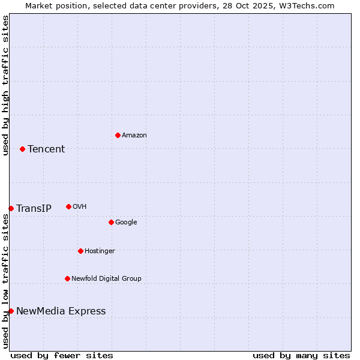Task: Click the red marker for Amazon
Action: click(x=118, y=135)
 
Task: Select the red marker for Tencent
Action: click(x=22, y=149)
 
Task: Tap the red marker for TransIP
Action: click(x=11, y=208)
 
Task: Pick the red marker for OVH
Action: click(x=68, y=206)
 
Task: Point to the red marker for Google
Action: click(x=111, y=222)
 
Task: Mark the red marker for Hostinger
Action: click(x=80, y=251)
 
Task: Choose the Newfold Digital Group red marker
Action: click(x=67, y=278)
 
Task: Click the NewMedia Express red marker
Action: click(x=11, y=311)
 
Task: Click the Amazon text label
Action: click(x=134, y=136)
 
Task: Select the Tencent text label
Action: click(x=46, y=149)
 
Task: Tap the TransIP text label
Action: click(x=34, y=209)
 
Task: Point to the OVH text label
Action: click(x=80, y=207)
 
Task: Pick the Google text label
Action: click(x=126, y=223)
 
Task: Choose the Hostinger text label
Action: click(x=100, y=251)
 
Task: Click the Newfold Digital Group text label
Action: click(x=106, y=278)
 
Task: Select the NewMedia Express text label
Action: click(x=61, y=311)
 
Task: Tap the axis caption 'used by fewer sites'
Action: click(x=62, y=355)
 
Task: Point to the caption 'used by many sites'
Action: click(x=301, y=355)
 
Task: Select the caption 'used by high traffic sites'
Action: click(x=5, y=85)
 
